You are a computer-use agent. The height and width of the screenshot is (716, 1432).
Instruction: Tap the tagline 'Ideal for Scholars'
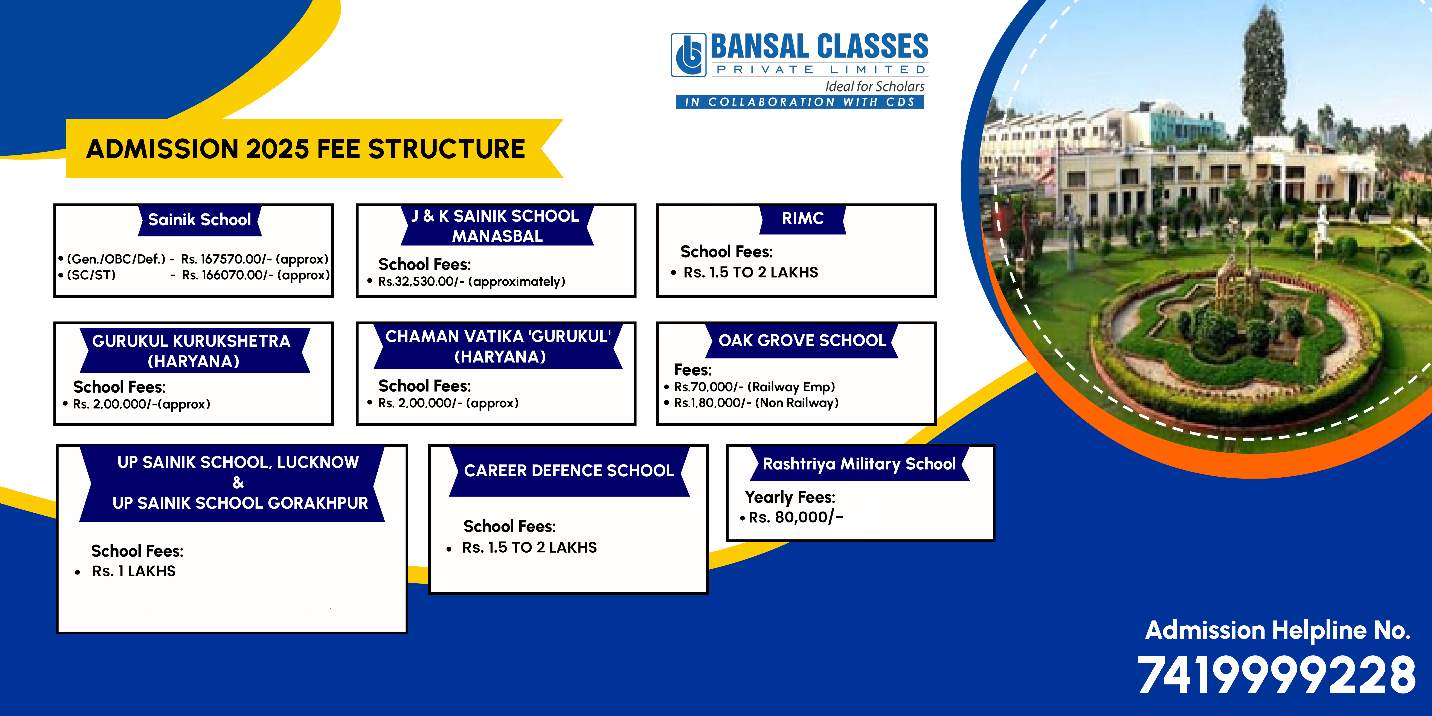[x=874, y=87]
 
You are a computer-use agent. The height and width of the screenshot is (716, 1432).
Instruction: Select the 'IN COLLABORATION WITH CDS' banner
[x=799, y=102]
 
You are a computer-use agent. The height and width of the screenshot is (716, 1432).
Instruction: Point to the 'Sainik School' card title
[x=200, y=219]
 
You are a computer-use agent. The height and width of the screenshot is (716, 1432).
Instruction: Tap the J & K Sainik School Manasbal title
[x=496, y=226]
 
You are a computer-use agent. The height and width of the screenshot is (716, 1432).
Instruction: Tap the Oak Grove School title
[x=802, y=340]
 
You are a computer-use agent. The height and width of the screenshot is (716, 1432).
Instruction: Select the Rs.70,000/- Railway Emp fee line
[x=754, y=387]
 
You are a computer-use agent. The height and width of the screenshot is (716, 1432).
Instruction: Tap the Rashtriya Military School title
[x=859, y=464]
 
